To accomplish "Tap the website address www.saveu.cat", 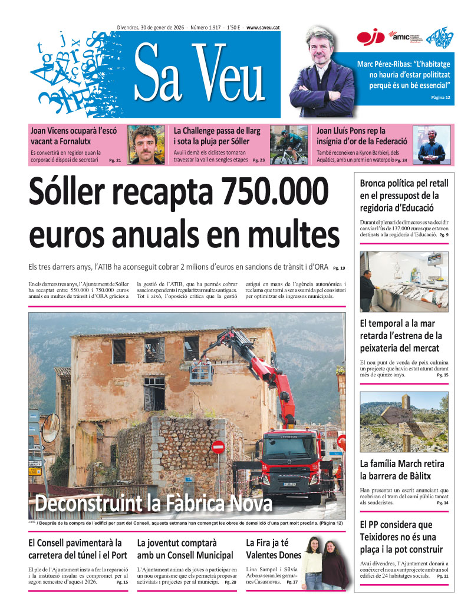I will pos(263,28).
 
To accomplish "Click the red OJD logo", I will pos(370,38).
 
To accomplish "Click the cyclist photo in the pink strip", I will pos(289,145).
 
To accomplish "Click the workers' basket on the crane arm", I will pos(201,371).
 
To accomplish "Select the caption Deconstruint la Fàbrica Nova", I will pos(153,504).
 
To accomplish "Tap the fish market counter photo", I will pos(404,282).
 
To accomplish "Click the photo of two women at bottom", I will pos(326,562).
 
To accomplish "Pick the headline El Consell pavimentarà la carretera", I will pos(78,549).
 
